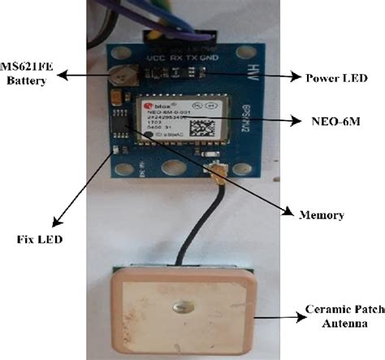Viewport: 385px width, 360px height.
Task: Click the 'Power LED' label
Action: coord(335,79)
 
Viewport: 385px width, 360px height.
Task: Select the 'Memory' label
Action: coord(321,215)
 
